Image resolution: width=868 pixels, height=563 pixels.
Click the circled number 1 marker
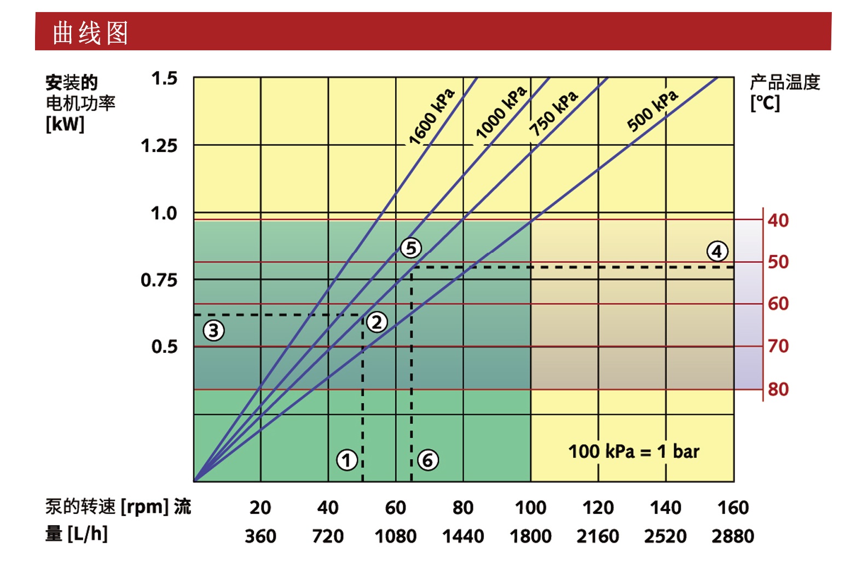347,460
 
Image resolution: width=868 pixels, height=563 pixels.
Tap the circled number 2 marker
377,322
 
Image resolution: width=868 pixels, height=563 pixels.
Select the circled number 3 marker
213,330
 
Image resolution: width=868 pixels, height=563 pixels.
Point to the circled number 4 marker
717,252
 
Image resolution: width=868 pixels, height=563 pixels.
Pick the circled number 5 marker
411,248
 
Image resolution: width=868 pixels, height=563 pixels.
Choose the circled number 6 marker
428,460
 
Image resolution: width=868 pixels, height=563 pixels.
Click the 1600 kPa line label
432,117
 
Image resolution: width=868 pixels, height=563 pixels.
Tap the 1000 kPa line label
501,113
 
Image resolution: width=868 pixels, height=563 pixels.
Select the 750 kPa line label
554,114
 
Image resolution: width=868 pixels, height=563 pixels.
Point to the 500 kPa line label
652,111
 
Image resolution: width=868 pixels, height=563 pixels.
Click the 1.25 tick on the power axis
159,146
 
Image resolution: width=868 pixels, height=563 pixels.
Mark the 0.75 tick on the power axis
159,280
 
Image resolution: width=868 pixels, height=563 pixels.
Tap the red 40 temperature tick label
778,220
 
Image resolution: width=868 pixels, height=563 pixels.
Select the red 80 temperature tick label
778,390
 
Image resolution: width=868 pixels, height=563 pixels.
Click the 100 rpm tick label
530,508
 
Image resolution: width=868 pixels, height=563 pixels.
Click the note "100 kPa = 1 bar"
634,452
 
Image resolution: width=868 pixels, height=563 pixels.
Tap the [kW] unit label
65,124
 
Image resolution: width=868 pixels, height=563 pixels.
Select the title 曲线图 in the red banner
90,33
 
